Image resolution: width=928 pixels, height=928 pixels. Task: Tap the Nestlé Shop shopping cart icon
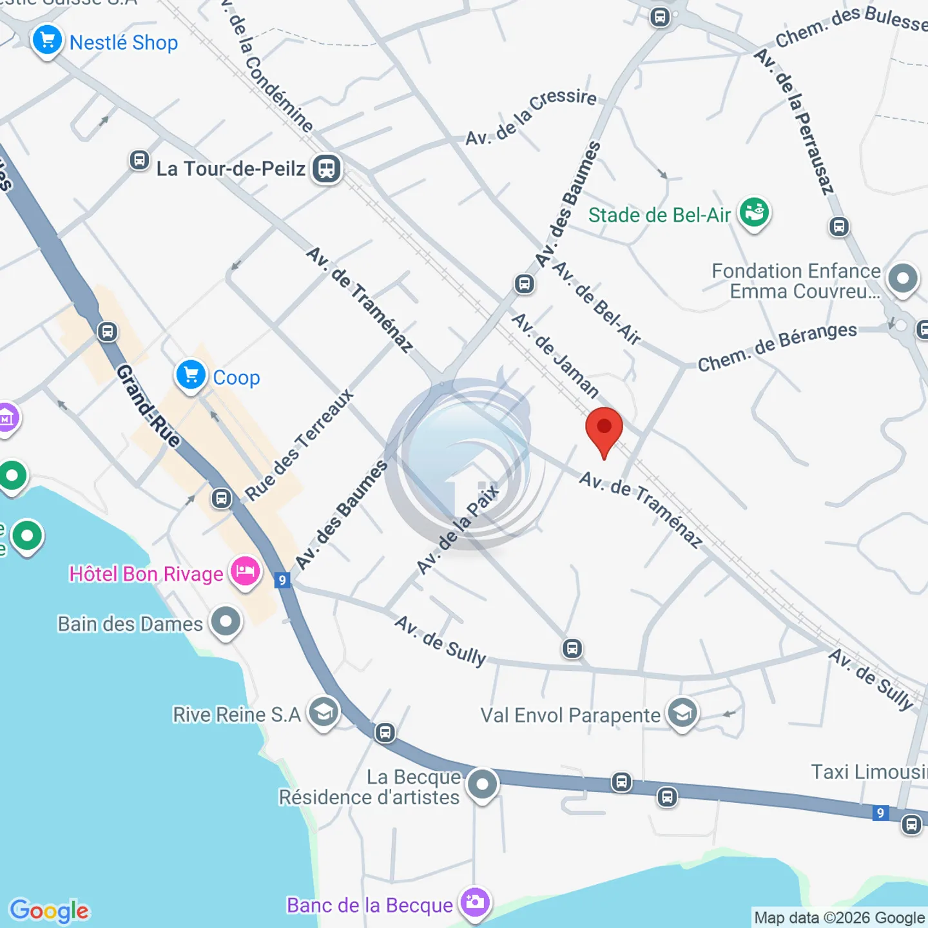[47, 41]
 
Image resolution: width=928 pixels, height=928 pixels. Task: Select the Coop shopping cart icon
[191, 375]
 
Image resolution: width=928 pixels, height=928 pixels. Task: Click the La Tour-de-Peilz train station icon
[327, 169]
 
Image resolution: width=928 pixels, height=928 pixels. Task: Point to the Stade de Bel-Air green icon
[754, 212]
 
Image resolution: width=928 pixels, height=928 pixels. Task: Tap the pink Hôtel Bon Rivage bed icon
[245, 572]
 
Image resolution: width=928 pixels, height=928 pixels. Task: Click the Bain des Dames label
[130, 624]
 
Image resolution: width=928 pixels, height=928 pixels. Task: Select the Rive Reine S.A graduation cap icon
[323, 712]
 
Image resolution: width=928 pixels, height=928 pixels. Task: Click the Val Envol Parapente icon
[682, 713]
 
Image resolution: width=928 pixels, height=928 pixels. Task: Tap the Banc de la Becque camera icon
[475, 902]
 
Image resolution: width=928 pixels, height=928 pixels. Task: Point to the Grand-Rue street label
[148, 406]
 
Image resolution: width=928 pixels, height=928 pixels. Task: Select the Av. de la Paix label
[458, 528]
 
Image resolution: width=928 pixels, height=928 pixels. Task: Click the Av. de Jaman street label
[556, 356]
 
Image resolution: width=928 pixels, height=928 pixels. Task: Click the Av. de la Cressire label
[531, 117]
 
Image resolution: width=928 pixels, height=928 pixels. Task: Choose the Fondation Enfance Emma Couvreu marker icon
[902, 279]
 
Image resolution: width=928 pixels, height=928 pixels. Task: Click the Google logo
[50, 911]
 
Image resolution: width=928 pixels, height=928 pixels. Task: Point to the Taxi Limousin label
[869, 771]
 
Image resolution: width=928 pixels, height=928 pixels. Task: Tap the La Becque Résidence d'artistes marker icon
[482, 784]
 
